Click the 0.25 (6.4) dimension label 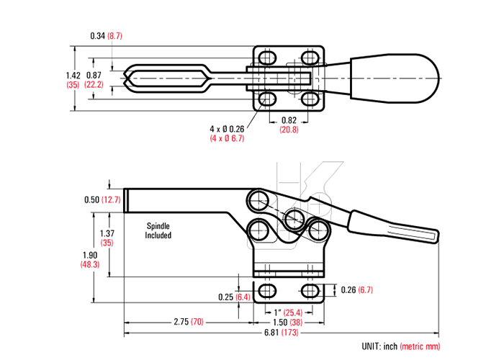click(234, 297)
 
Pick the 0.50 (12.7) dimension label click(101, 199)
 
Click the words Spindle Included click(158, 230)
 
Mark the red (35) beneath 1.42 click(72, 84)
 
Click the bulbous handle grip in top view click(403, 77)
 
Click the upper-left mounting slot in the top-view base click(267, 57)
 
